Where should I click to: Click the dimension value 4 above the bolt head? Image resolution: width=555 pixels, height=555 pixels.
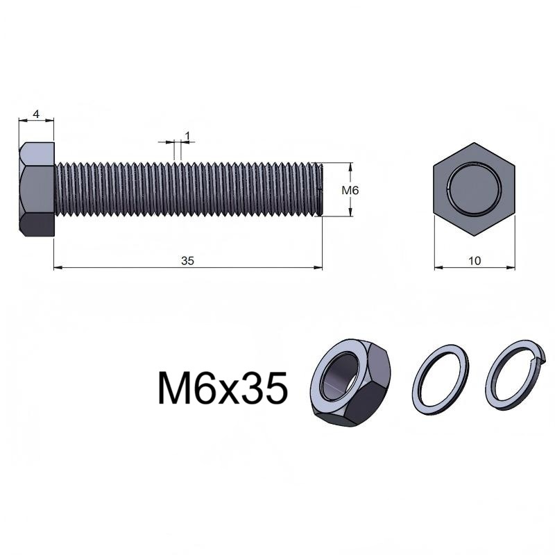tap(36, 114)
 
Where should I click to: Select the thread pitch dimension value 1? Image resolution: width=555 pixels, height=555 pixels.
tap(187, 135)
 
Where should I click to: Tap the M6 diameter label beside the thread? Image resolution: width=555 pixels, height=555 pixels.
tap(350, 190)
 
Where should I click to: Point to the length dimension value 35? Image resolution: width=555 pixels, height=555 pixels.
tap(187, 261)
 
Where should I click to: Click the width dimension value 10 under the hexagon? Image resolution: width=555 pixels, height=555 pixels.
tap(475, 261)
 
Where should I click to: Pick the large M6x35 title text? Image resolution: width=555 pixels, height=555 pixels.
tap(222, 388)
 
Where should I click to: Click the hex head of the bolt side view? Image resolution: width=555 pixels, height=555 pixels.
tap(37, 189)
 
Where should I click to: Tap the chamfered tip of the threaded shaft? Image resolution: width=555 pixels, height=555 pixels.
tap(321, 189)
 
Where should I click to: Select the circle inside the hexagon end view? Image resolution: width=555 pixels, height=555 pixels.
tap(474, 188)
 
